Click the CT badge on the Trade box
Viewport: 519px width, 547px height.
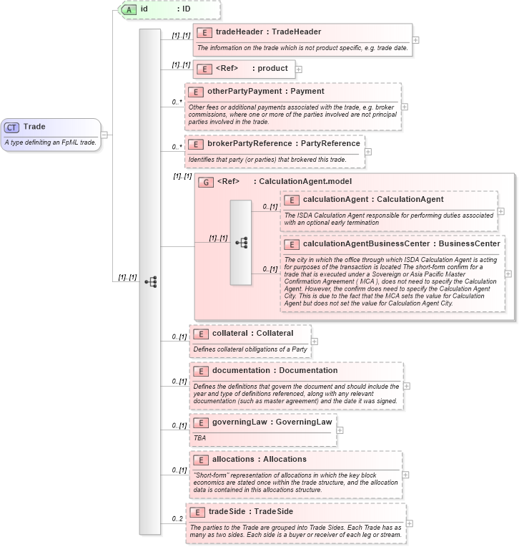pos(11,127)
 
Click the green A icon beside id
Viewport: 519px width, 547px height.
pos(129,9)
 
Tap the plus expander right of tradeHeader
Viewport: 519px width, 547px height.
pos(416,39)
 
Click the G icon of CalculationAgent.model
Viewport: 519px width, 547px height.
pos(206,182)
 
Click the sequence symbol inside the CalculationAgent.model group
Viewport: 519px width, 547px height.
pos(241,243)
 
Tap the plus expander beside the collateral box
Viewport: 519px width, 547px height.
pos(315,341)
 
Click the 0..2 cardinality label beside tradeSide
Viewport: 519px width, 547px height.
pos(177,519)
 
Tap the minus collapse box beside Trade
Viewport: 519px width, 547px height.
pos(104,134)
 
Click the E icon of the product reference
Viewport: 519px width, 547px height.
pos(204,69)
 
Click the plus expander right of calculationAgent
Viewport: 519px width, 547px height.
pos(501,211)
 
